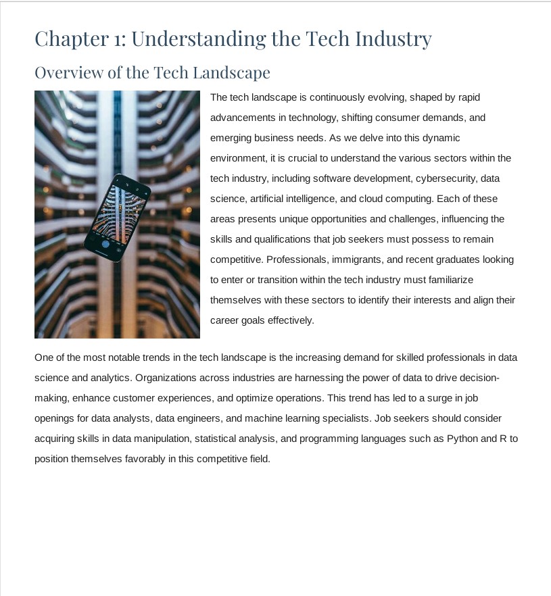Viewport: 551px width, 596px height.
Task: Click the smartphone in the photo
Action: tap(116, 217)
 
